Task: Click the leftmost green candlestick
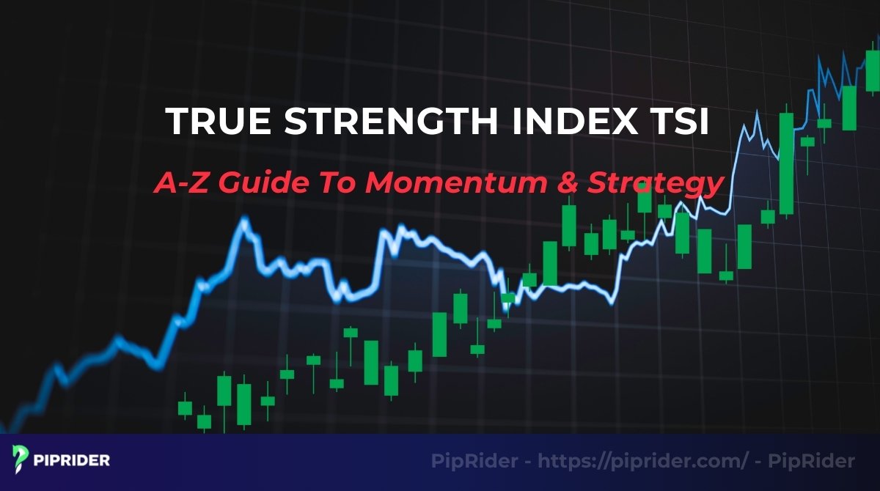(x=185, y=408)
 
